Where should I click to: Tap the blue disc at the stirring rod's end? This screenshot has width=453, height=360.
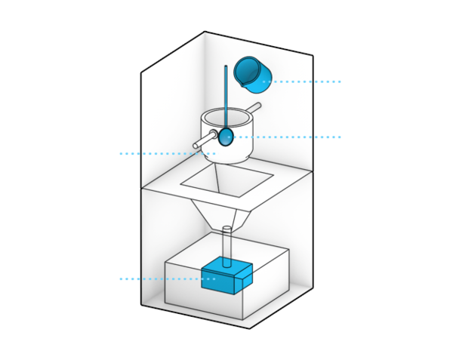click(x=225, y=137)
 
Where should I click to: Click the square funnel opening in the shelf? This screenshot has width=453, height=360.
click(x=226, y=178)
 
